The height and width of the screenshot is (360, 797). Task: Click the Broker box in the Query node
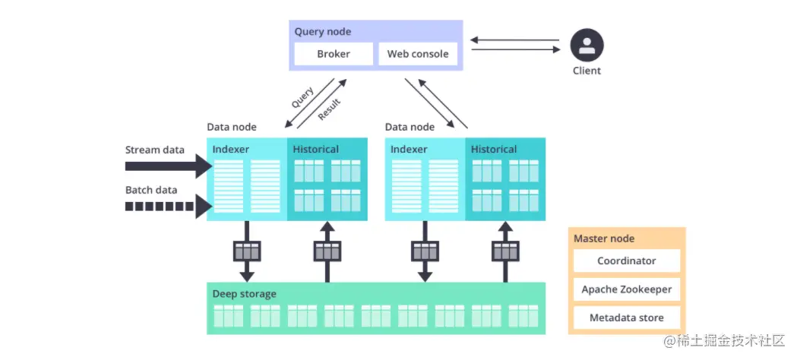334,54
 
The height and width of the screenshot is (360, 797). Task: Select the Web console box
418,54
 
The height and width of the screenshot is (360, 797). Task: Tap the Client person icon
587,45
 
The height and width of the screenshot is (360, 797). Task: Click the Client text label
587,71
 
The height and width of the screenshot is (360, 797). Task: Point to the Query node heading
323,32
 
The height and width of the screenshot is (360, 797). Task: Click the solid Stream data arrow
167,165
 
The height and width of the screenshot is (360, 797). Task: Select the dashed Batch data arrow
167,206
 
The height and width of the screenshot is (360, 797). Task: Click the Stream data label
155,150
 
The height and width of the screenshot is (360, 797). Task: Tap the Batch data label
151,189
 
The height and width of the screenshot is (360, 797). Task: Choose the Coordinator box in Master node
626,261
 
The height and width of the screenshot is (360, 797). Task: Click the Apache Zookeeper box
626,289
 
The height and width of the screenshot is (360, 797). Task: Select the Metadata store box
626,317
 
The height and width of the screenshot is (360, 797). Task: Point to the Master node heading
604,238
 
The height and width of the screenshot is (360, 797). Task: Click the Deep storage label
245,294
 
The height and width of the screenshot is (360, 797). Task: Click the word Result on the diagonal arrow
329,109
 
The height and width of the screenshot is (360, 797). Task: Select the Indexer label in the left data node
231,150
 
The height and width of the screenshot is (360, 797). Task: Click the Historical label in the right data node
494,150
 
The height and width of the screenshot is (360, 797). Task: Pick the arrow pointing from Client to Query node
514,39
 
